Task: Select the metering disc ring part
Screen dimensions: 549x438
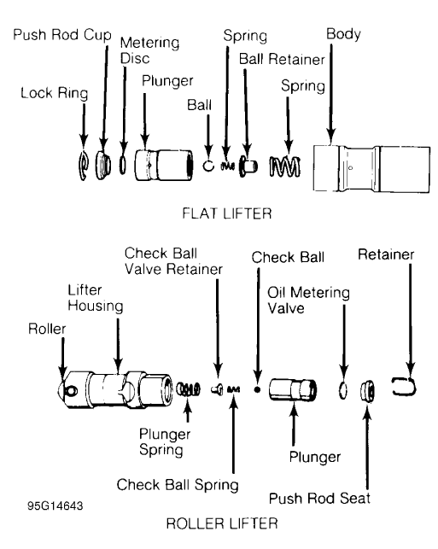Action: [125, 162]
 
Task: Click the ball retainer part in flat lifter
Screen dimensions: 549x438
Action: [248, 164]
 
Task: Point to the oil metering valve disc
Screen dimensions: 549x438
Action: [343, 392]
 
